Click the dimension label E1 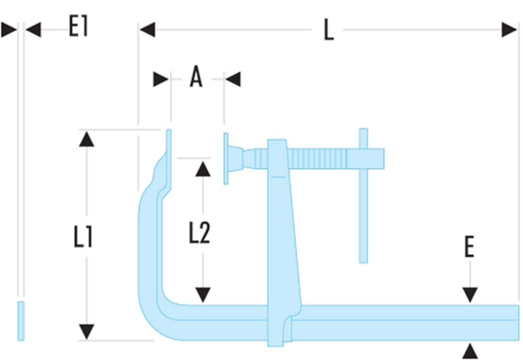click(x=78, y=26)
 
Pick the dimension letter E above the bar click(x=469, y=248)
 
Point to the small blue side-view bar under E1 click(x=21, y=320)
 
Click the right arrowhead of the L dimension click(x=509, y=30)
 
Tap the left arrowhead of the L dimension click(x=147, y=30)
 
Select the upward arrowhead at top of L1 click(x=87, y=139)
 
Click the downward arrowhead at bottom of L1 click(x=87, y=331)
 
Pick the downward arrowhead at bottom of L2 click(x=203, y=295)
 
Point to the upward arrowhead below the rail click(x=470, y=350)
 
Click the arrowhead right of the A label click(x=233, y=80)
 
